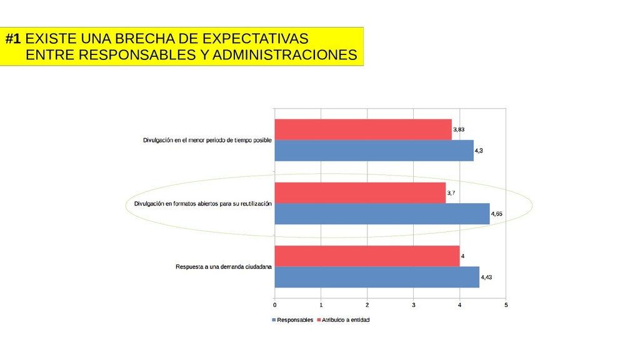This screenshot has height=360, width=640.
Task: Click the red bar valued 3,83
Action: click(362, 129)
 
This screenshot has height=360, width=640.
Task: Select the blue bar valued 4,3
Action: click(374, 151)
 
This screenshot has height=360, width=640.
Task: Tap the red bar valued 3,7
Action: click(360, 192)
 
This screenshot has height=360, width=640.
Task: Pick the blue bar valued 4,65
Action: click(382, 214)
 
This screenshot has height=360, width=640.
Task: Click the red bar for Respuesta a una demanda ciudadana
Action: click(367, 256)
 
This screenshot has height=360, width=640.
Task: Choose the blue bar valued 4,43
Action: click(377, 277)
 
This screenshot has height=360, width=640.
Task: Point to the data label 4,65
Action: click(497, 214)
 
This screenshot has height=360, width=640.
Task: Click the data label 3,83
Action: click(459, 129)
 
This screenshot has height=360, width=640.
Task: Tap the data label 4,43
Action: click(486, 277)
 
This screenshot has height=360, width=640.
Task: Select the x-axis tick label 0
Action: click(274, 305)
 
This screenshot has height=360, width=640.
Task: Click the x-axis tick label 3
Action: click(414, 305)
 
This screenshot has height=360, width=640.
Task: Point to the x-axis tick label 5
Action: click(506, 305)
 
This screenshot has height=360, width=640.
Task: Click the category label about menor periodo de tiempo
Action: click(207, 141)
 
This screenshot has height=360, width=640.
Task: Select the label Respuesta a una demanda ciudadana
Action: click(224, 267)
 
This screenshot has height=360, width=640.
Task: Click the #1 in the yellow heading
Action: click(13, 38)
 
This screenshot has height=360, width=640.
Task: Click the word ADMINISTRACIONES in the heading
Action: click(284, 56)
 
